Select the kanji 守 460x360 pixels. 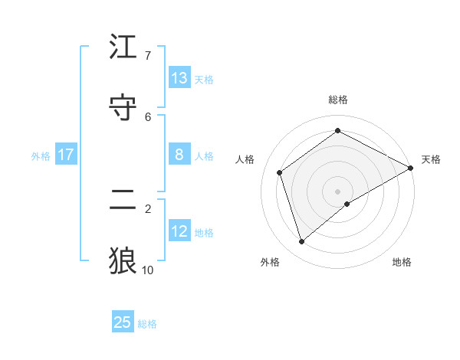(x=123, y=108)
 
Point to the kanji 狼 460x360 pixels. (x=123, y=260)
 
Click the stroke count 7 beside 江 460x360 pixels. (x=147, y=56)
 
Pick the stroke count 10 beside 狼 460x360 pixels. (x=148, y=270)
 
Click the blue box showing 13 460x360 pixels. (x=179, y=78)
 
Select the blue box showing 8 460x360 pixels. (x=179, y=155)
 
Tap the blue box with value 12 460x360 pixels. (x=179, y=231)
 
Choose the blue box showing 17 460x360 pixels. (x=66, y=155)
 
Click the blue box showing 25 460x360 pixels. (x=123, y=322)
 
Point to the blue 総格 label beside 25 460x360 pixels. (x=147, y=324)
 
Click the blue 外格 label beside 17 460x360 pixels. (x=41, y=156)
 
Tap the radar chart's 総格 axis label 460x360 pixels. (x=338, y=100)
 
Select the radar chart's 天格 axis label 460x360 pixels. (x=431, y=159)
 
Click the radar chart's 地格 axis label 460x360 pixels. (x=402, y=262)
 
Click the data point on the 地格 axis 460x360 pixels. (x=347, y=204)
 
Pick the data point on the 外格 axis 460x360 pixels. (x=301, y=242)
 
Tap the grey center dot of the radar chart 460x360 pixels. (x=338, y=191)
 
